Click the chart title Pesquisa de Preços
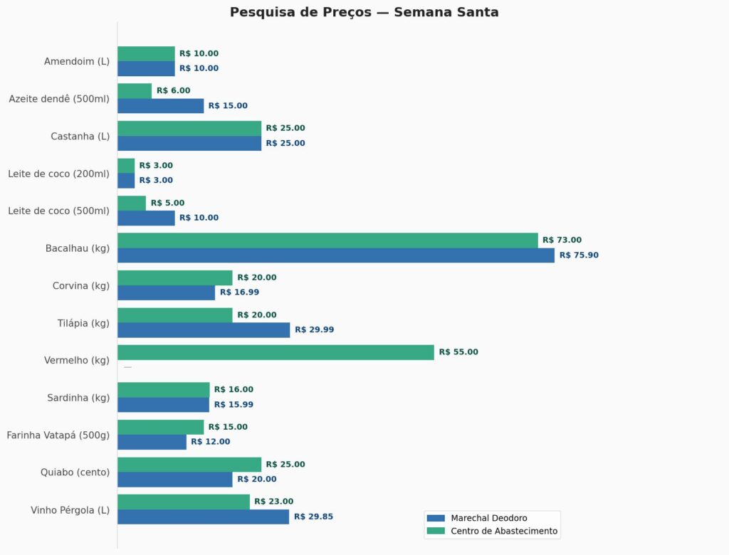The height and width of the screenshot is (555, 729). [x=364, y=12]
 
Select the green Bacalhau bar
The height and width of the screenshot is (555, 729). [x=327, y=240]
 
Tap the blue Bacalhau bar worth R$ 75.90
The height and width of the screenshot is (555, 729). [x=335, y=255]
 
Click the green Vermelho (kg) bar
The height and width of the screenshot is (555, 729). [x=276, y=352]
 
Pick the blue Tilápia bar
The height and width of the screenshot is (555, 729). [x=204, y=330]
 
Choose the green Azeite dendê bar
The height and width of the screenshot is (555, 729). [x=135, y=91]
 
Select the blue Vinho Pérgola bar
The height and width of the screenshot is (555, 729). [x=203, y=517]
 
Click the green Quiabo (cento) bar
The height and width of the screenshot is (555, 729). [x=189, y=465]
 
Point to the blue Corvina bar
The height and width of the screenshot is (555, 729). [x=166, y=292]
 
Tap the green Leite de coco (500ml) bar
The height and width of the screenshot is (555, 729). [x=132, y=203]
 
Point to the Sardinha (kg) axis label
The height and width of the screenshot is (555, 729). [x=78, y=398]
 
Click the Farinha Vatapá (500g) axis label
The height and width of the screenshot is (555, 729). [x=58, y=435]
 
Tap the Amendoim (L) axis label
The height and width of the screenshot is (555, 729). [x=77, y=61]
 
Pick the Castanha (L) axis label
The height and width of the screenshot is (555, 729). [x=80, y=136]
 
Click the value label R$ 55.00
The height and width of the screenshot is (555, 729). [x=458, y=352]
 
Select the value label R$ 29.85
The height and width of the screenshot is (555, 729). [x=313, y=517]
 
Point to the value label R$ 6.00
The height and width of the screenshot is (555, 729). [x=174, y=91]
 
